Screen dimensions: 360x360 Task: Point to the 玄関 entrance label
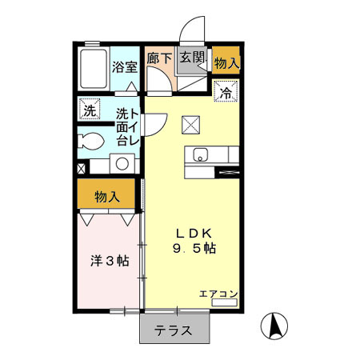[191, 58]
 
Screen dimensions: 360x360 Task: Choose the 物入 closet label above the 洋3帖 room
[107, 195]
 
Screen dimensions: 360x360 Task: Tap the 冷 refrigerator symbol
[227, 92]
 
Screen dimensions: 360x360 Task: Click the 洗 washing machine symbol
[88, 108]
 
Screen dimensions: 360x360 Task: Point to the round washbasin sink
[122, 164]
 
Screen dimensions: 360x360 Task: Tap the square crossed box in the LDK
[190, 123]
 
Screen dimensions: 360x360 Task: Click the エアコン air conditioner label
[218, 294]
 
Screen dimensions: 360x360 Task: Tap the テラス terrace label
[174, 330]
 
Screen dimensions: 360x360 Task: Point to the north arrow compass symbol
[274, 326]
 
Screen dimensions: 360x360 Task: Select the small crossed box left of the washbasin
[82, 169]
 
